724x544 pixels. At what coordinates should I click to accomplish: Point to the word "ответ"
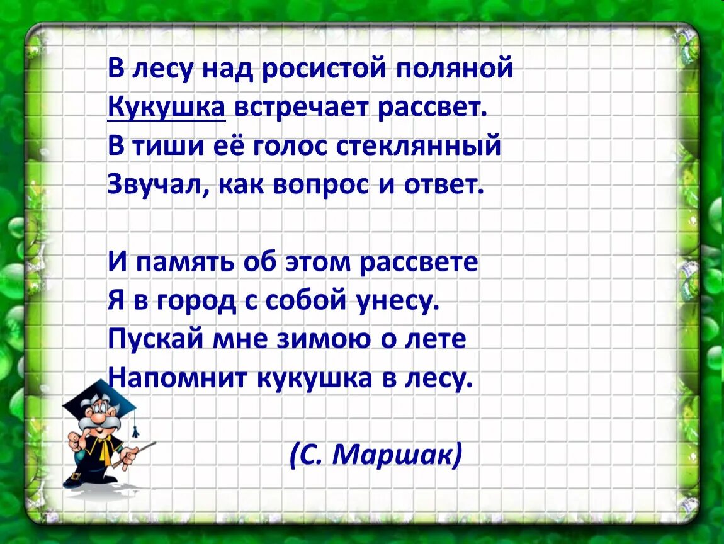(x=440, y=186)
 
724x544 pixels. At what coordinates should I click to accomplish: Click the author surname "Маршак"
(x=394, y=454)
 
